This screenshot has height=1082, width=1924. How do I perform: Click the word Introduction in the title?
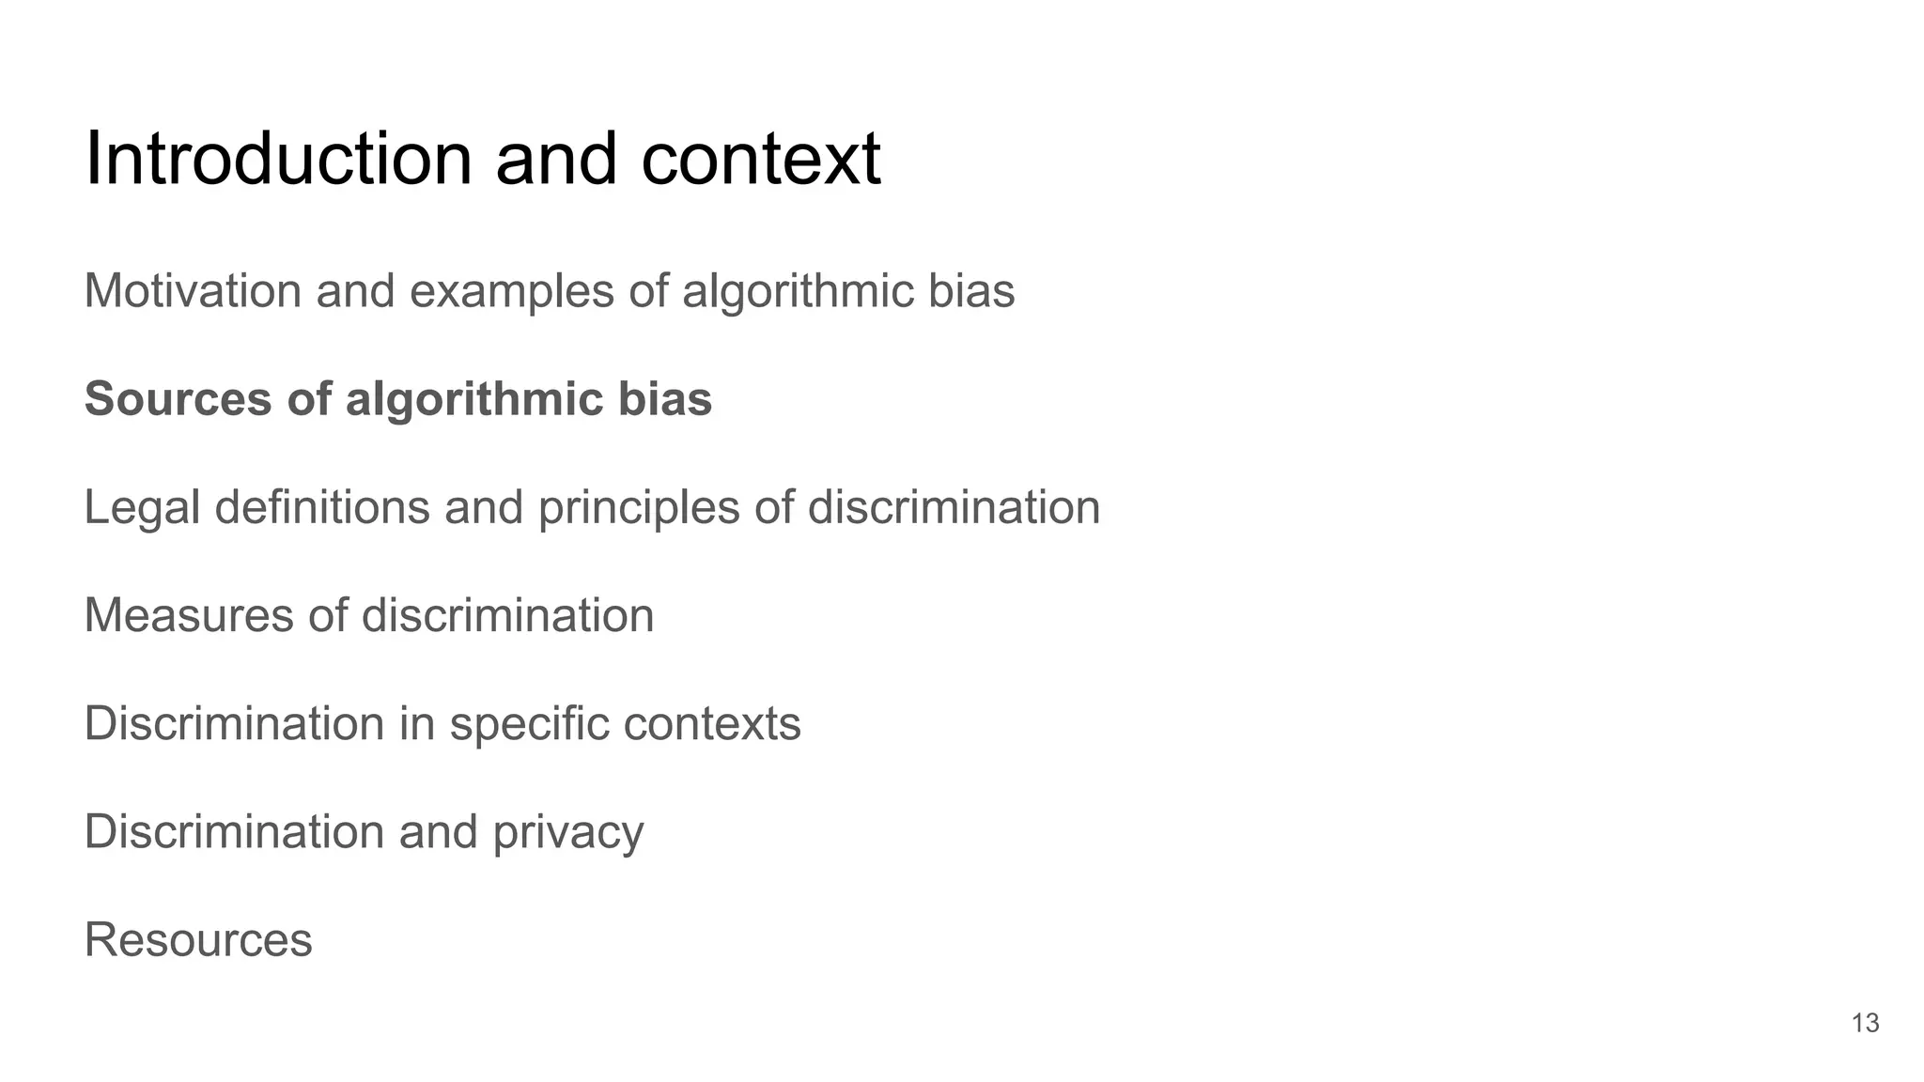[x=278, y=159]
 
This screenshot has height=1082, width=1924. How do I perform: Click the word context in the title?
[x=761, y=159]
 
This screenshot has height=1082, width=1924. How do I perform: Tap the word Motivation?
[x=193, y=291]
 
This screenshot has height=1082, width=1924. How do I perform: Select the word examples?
[x=512, y=291]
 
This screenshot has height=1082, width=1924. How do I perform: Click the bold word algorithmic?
[x=473, y=399]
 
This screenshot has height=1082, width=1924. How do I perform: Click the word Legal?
[x=142, y=508]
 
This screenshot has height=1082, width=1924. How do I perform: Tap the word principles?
[x=638, y=508]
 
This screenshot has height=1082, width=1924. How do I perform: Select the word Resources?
[x=198, y=940]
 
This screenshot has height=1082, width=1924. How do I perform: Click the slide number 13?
[x=1865, y=1023]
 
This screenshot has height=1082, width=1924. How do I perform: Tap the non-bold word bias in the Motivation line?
[x=971, y=291]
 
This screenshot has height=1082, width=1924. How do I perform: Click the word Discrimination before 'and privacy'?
[x=234, y=832]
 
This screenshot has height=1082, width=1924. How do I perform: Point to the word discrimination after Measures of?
[x=507, y=616]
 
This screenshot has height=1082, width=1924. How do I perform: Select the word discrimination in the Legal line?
[x=954, y=508]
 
